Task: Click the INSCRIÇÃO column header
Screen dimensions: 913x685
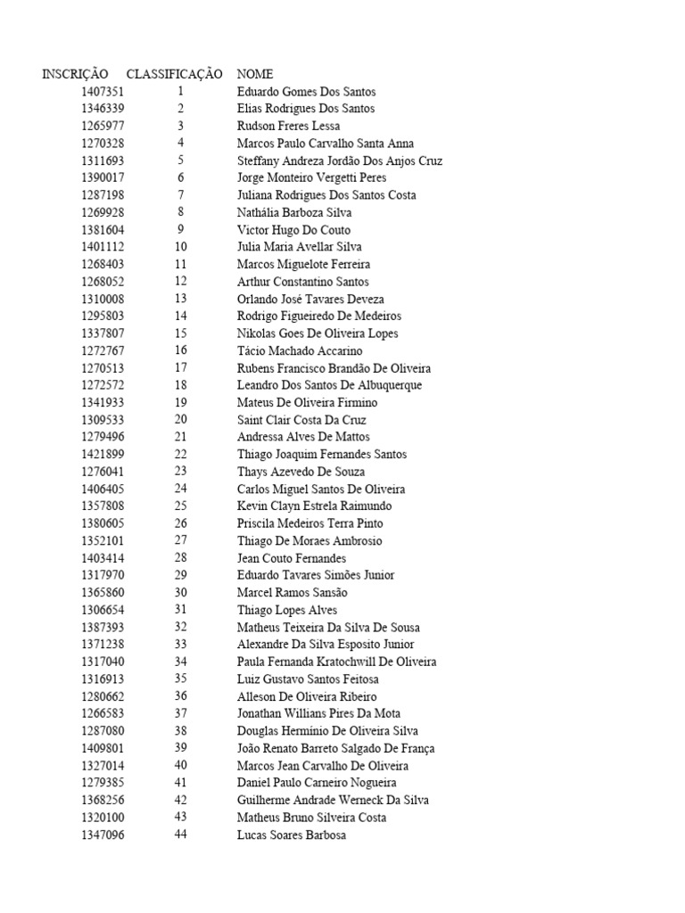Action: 75,74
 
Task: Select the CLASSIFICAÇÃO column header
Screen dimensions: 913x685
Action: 174,74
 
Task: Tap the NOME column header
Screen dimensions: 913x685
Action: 255,74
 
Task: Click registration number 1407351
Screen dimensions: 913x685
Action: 103,92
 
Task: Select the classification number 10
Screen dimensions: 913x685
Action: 181,247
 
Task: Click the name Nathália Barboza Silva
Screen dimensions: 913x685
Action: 294,212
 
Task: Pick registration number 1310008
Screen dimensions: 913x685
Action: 103,299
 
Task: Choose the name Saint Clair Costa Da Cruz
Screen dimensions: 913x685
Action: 301,420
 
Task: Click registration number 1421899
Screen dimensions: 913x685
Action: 103,455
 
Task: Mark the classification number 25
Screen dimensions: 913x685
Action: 181,506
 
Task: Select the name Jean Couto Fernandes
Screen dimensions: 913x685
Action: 292,558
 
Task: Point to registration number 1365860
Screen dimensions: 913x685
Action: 103,593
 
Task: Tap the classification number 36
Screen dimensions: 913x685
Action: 181,696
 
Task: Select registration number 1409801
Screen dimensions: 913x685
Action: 103,748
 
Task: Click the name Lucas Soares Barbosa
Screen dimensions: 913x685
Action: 292,835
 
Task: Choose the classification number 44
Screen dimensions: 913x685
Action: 181,835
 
